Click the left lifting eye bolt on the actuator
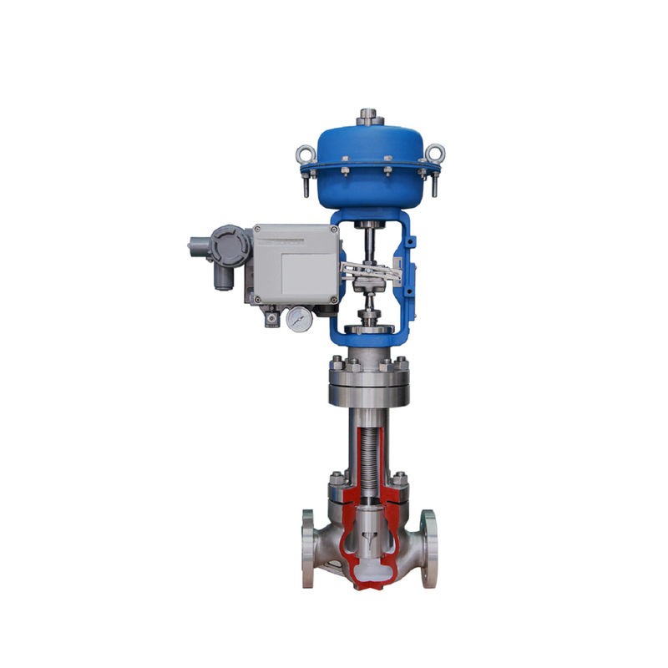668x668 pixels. click(305, 154)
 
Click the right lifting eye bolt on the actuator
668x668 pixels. click(434, 154)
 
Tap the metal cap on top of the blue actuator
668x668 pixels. click(368, 117)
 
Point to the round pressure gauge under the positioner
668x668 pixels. click(296, 318)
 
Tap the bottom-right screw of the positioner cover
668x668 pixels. click(335, 299)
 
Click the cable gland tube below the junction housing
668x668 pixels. click(221, 277)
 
